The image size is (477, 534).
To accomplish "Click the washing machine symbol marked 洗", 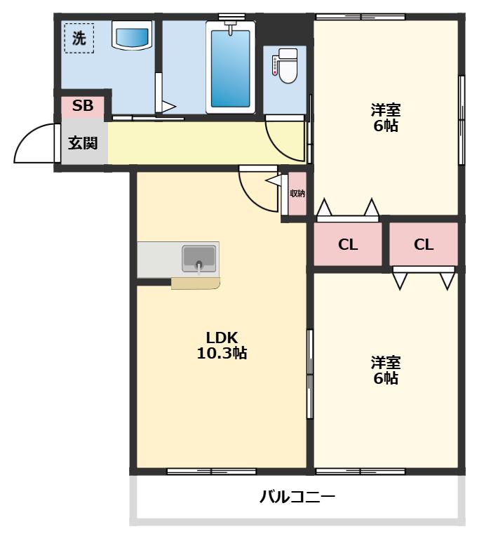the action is tap(79, 38).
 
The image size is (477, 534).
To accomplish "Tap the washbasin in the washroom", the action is tap(132, 35).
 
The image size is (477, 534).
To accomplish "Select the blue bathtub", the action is tap(230, 69).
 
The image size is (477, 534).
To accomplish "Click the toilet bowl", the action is tap(288, 66).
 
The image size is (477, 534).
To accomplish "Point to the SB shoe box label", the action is tap(83, 105).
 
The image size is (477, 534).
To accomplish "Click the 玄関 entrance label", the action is tap(83, 142).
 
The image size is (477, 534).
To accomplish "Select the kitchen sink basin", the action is tap(199, 259).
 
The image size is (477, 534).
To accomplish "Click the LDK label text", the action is tap(222, 338).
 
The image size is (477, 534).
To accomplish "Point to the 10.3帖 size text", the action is tap(222, 353).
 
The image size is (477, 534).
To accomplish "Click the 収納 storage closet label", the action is tap(297, 194).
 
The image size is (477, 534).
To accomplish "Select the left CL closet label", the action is tap(348, 244).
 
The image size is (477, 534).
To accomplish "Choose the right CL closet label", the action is tap(424, 244).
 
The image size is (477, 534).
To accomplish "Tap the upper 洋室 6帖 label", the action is tap(386, 117).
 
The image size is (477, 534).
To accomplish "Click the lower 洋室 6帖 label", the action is tap(386, 371).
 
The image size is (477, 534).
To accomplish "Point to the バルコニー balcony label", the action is tap(297, 497).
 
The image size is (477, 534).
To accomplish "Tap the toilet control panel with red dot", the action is tap(274, 66).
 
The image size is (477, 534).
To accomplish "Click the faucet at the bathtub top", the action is tap(231, 27).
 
